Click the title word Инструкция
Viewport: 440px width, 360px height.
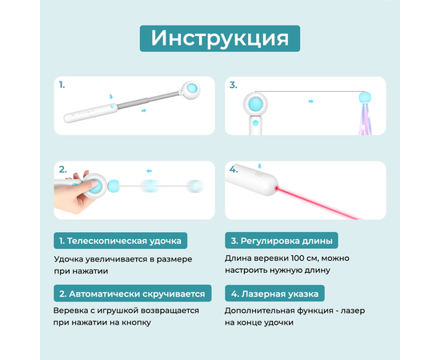[220, 38]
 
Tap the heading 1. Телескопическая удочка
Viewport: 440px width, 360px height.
[120, 241]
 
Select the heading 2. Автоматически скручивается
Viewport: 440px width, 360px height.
[132, 294]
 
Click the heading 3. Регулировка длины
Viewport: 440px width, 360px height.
[282, 241]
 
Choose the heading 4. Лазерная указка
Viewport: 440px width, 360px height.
[274, 294]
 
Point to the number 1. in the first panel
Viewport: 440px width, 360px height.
[62, 85]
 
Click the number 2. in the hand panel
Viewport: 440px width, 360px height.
[63, 170]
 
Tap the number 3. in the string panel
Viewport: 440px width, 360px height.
[233, 85]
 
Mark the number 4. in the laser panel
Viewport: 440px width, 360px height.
[234, 170]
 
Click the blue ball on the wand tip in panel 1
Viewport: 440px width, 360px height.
[192, 89]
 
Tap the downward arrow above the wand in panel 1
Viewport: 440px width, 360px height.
[111, 97]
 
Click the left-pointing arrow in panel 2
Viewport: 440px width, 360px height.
[149, 171]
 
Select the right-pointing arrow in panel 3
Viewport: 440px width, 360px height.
[310, 102]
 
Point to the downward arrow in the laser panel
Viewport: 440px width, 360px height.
[259, 166]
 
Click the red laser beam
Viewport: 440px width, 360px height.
[317, 203]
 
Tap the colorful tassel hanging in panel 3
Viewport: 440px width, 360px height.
[365, 118]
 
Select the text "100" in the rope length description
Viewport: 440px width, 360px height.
[299, 258]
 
